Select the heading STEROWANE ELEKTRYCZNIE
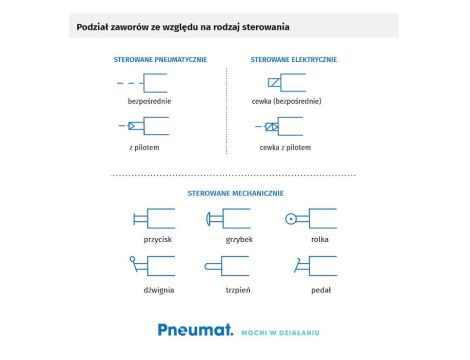click(293, 60)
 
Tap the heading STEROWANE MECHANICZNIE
click(236, 192)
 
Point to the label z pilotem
click(145, 147)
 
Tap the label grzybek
click(226, 241)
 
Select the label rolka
click(308, 241)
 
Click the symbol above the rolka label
click(306, 218)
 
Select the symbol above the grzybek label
click(227, 218)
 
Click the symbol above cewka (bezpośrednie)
click(285, 81)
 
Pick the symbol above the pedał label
click(306, 265)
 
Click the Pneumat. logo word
click(195, 328)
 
